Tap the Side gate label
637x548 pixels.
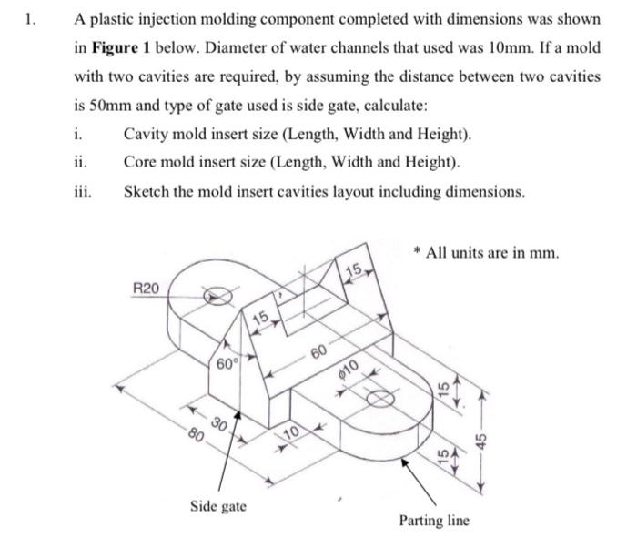coord(217,504)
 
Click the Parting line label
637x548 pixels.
coord(434,521)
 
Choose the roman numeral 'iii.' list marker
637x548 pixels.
coord(82,192)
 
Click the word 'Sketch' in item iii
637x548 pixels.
coord(146,192)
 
